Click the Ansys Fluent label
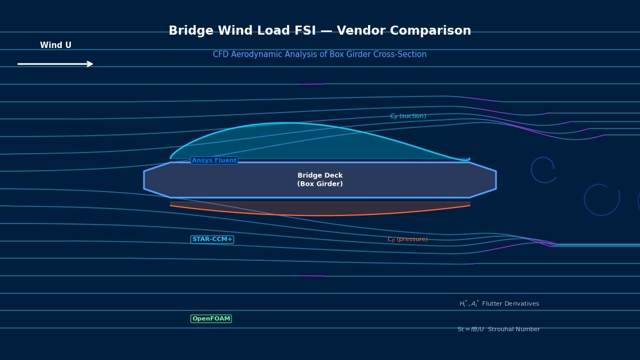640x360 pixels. tap(214, 161)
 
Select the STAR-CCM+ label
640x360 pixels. tap(212, 239)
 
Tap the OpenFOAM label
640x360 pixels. tap(211, 319)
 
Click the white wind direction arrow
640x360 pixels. tap(55, 64)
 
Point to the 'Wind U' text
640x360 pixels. tap(55, 46)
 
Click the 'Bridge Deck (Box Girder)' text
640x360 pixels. tap(320, 180)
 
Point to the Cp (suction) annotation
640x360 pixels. tap(408, 116)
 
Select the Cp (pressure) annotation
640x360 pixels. tap(407, 239)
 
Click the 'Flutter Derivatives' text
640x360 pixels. tap(510, 304)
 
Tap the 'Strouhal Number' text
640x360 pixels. tap(514, 330)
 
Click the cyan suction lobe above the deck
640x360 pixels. tap(299, 141)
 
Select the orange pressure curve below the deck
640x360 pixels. tap(320, 215)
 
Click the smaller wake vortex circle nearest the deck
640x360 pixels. tap(543, 170)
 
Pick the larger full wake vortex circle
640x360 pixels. tap(602, 199)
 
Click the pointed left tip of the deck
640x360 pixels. tap(145, 180)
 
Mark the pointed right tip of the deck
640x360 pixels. tap(495, 180)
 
